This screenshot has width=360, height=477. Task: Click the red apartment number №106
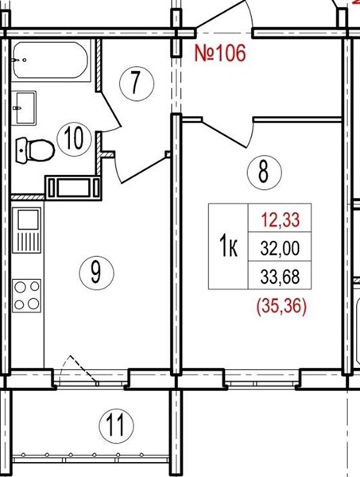(x=220, y=53)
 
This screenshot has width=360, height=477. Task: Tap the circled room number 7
(x=137, y=83)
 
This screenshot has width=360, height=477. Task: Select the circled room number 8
(x=264, y=173)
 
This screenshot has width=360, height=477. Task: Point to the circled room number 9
(x=96, y=273)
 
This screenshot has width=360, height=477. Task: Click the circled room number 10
(x=74, y=138)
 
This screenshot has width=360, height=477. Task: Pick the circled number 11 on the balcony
(x=116, y=425)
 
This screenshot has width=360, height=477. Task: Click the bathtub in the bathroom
(x=51, y=60)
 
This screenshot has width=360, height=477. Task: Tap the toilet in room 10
(x=35, y=150)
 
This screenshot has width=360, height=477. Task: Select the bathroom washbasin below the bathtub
(x=25, y=108)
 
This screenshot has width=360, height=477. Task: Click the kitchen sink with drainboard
(x=26, y=230)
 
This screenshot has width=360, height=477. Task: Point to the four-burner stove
(x=26, y=296)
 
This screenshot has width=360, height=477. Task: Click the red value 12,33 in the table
(x=281, y=220)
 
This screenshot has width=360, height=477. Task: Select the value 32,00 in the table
(x=280, y=248)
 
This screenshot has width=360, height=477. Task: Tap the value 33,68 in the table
(x=280, y=277)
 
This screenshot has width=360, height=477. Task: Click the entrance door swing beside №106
(x=225, y=16)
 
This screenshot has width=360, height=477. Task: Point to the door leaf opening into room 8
(x=224, y=134)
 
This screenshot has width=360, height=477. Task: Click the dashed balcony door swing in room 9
(x=79, y=370)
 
